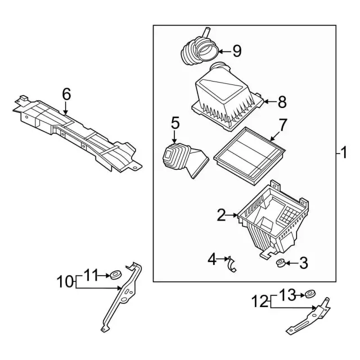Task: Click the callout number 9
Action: pos(236,52)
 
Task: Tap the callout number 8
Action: pos(282,102)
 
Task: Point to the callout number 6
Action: pos(66,94)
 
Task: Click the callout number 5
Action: pos(175,123)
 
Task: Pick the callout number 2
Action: pos(222,214)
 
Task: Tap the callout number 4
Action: pos(212,259)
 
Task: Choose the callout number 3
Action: pos(303,262)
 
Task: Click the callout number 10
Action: pos(65,281)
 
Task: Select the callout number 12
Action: pos(260,301)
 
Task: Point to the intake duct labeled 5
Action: pos(183,161)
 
